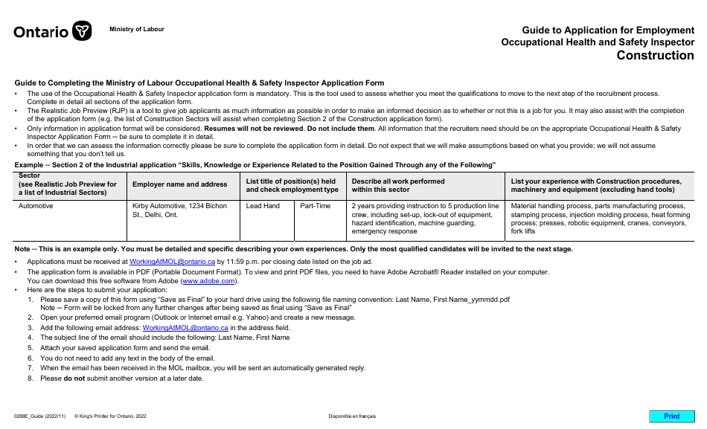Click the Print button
coord(671,416)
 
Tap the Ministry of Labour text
coord(137,29)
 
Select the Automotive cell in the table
coord(36,206)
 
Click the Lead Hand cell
coord(263,206)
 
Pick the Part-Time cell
coord(315,206)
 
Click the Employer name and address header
coord(179,184)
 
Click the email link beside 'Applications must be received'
coord(172,262)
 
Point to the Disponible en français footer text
coord(352,416)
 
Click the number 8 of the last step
coord(31,378)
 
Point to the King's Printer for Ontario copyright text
coord(110,416)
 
